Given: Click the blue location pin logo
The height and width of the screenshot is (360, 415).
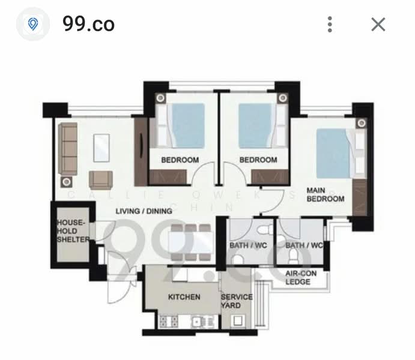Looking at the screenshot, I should point(33,24).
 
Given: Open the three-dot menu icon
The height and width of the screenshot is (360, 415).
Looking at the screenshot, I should point(330,24).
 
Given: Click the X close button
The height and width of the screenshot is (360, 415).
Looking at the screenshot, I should point(378,24).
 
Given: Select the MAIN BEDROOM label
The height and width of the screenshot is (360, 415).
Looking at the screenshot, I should point(325,194).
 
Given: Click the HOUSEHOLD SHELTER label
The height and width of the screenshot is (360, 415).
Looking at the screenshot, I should point(72,231).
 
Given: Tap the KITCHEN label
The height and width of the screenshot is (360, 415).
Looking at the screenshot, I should point(184,297).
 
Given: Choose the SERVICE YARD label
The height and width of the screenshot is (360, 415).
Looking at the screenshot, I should point(237,301).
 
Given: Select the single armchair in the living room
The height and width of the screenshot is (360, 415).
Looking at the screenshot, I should point(100,179).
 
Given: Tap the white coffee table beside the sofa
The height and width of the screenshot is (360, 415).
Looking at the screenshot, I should point(101,148).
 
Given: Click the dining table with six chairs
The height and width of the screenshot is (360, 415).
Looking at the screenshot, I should point(189,242).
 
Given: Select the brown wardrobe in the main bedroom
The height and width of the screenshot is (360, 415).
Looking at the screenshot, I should point(360,197).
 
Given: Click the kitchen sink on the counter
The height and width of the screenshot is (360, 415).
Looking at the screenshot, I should point(201,322).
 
